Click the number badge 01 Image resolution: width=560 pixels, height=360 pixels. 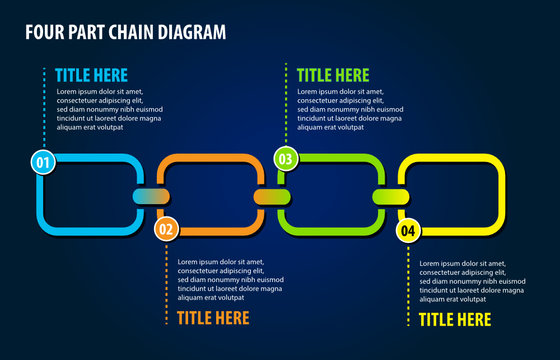[x=43, y=161]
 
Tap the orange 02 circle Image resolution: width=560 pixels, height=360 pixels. [x=166, y=230]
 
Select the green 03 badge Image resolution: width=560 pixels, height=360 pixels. [x=286, y=158]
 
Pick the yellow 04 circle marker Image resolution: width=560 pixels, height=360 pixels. [x=408, y=231]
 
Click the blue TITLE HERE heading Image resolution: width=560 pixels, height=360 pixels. [x=91, y=74]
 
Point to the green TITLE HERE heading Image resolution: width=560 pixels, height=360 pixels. [x=333, y=74]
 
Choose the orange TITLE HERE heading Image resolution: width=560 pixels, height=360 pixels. [x=213, y=318]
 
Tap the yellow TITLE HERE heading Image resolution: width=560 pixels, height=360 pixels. [x=455, y=319]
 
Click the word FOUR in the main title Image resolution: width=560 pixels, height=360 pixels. [x=45, y=32]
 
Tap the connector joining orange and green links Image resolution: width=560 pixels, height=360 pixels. [x=272, y=196]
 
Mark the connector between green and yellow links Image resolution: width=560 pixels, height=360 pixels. [x=392, y=196]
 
